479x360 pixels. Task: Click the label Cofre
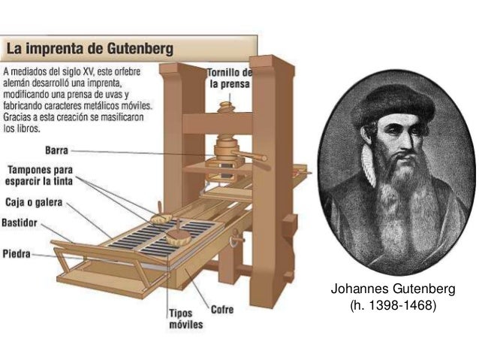221,309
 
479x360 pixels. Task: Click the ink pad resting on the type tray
178,240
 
